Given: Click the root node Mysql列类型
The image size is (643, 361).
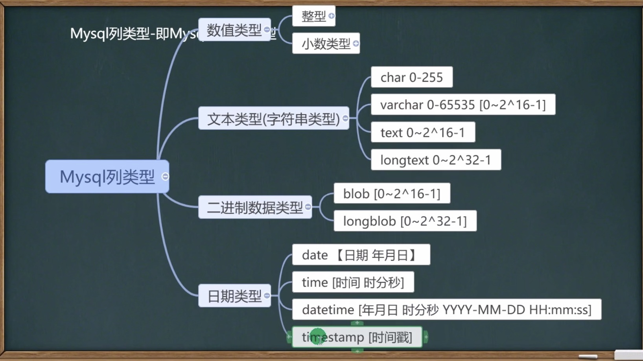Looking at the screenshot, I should [x=107, y=177].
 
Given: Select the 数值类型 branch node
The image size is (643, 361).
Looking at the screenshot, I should [x=234, y=30].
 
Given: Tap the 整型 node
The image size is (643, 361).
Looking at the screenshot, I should [x=313, y=16].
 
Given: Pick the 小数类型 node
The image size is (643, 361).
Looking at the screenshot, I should [x=326, y=43].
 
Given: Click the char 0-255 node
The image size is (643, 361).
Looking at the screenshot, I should [x=411, y=77].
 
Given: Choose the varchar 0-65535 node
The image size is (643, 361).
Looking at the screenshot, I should [x=462, y=105].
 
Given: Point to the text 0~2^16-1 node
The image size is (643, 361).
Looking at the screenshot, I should [x=422, y=133].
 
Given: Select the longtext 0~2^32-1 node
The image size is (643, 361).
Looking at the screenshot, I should [x=435, y=160].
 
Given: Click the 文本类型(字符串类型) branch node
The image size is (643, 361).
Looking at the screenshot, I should [x=273, y=118].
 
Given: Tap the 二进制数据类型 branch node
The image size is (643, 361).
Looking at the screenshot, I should [x=254, y=207].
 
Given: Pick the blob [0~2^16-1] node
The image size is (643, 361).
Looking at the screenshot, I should [x=391, y=193].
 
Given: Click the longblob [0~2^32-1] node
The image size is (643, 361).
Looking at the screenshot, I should [x=405, y=221].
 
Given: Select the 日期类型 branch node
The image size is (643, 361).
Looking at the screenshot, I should [x=234, y=296].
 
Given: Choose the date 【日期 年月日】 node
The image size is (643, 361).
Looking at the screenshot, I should [x=361, y=255].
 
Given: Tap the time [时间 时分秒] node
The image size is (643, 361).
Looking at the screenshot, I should [x=353, y=282].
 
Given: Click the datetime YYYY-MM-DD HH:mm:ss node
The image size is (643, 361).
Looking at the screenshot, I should [x=446, y=309].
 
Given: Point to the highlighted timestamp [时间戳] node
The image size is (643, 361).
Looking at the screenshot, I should [x=357, y=337].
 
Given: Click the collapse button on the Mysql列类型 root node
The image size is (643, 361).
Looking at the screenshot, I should [x=166, y=177].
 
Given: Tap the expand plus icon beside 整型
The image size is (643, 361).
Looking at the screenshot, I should [x=332, y=16].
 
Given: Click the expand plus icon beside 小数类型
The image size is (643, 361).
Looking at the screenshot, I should [x=356, y=43].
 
